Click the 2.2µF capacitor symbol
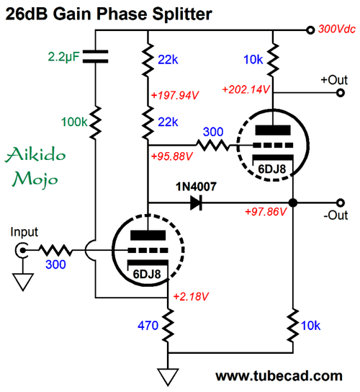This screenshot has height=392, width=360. pyautogui.click(x=95, y=56)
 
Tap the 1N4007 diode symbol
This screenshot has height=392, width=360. pyautogui.click(x=196, y=202)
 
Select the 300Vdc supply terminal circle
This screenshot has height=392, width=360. pyautogui.click(x=310, y=30)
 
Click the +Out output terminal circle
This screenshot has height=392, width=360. pyautogui.click(x=341, y=93)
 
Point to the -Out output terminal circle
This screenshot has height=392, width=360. pyautogui.click(x=341, y=202)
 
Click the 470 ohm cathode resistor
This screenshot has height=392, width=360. pyautogui.click(x=168, y=325)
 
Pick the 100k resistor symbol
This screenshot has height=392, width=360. pyautogui.click(x=95, y=122)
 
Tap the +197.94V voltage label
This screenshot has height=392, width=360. pyautogui.click(x=175, y=95)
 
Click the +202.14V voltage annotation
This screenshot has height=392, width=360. pyautogui.click(x=246, y=89)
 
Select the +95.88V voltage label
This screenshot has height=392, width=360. pyautogui.click(x=172, y=156)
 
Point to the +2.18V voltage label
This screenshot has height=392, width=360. pyautogui.click(x=191, y=296)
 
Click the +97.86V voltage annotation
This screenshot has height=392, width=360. pyautogui.click(x=266, y=212)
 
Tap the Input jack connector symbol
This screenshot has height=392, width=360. pyautogui.click(x=22, y=250)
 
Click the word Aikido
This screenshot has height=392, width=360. pyautogui.click(x=35, y=154)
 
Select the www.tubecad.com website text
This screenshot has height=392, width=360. pyautogui.click(x=279, y=376)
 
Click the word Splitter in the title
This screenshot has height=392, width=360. pyautogui.click(x=182, y=14)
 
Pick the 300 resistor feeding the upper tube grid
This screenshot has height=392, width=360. pyautogui.click(x=212, y=146)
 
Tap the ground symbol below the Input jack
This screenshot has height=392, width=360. pyautogui.click(x=23, y=282)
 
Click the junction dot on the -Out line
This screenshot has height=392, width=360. pyautogui.click(x=293, y=202)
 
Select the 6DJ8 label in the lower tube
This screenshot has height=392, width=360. pyautogui.click(x=147, y=275)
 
